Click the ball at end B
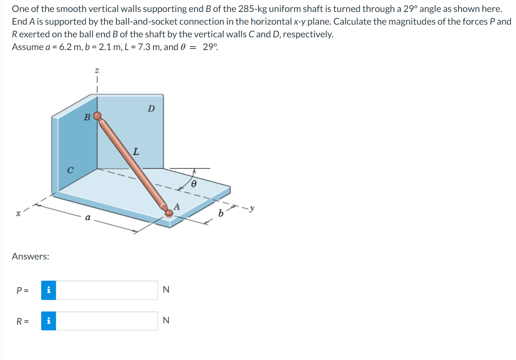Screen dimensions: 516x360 point(97,116)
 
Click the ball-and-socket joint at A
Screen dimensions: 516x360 point(169,213)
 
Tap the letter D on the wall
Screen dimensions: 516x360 point(151,109)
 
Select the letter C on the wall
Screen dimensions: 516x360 point(70,170)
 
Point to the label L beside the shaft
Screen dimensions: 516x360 point(136,151)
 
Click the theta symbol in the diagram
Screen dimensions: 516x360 point(194,184)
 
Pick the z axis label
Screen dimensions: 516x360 point(97,70)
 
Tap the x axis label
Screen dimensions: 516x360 point(18,214)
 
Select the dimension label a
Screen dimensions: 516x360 point(88,217)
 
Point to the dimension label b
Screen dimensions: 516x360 point(221,213)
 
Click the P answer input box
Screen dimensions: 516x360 point(107,290)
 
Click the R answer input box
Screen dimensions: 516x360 point(107,321)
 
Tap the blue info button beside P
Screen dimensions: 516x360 point(49,290)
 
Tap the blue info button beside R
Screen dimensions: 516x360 point(49,321)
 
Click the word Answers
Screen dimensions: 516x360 point(31,256)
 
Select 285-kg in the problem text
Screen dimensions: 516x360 point(252,9)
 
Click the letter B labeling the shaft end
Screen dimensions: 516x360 point(87,117)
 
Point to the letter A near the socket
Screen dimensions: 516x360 point(176,206)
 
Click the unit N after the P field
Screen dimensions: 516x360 point(166,290)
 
